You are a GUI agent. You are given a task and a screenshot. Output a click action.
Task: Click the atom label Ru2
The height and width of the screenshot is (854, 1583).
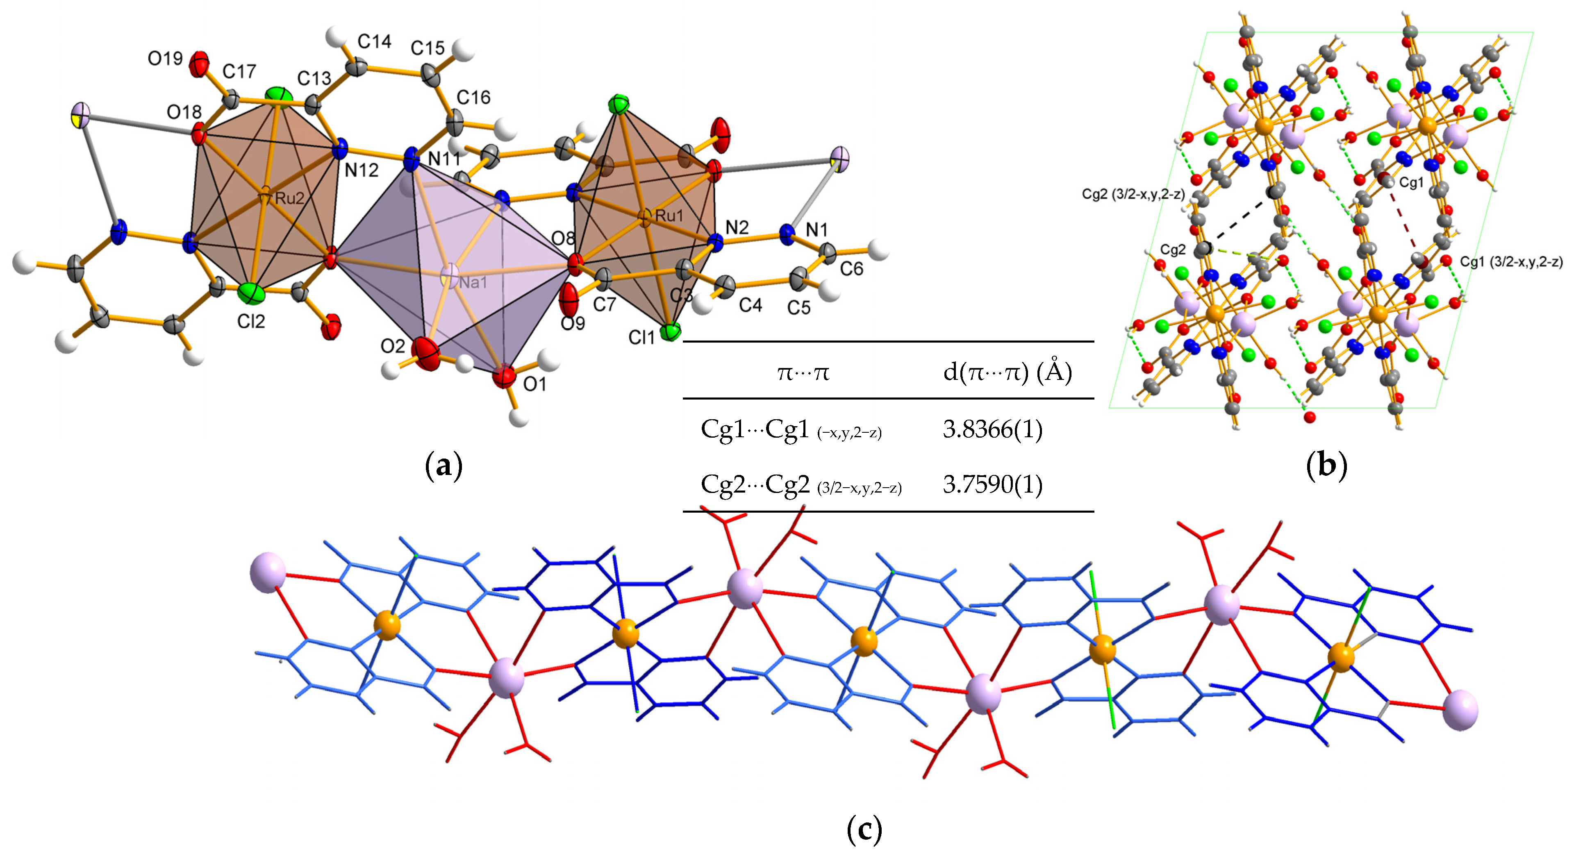coord(289,198)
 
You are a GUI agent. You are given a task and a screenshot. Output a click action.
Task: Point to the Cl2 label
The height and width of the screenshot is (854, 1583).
coord(251,321)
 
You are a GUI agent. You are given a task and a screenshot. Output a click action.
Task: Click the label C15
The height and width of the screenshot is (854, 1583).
coord(427,48)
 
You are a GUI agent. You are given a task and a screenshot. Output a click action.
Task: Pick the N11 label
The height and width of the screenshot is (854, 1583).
coord(444,159)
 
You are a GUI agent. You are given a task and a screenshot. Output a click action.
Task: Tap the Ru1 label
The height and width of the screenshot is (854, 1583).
coord(669,216)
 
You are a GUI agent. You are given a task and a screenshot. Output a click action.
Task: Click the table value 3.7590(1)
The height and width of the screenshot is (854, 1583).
coord(992,485)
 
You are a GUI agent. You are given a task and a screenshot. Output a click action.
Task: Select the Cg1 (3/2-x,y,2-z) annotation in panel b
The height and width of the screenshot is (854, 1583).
coord(1510,262)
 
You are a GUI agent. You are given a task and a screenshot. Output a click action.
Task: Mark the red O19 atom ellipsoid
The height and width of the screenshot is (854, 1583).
coord(198,64)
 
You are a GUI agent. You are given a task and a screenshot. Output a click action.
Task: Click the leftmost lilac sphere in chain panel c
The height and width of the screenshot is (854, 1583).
coord(268,572)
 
